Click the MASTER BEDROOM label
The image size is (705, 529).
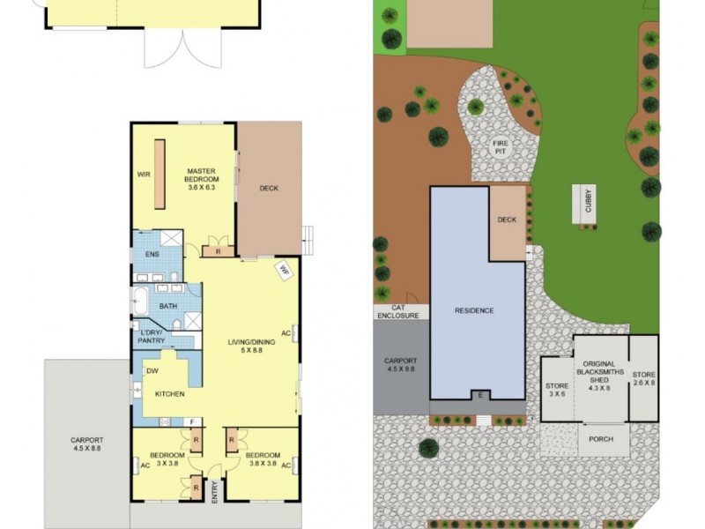[202, 176]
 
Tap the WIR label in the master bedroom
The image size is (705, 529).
[144, 175]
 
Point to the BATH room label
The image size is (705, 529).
[167, 306]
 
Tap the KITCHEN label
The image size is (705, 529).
[170, 394]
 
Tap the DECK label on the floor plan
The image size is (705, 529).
[270, 188]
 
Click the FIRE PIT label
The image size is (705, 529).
[501, 148]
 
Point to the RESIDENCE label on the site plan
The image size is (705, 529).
[474, 310]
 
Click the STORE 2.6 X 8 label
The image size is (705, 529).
[644, 378]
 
